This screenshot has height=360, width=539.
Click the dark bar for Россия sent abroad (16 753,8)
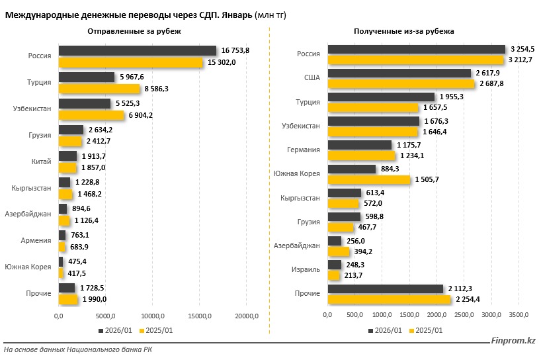pos(138,51)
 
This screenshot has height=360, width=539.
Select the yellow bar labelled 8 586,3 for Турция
pos(99,88)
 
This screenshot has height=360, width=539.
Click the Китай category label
pos(41,161)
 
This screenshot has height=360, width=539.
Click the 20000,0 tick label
pos(247,315)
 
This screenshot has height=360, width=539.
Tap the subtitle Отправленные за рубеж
pos(134,31)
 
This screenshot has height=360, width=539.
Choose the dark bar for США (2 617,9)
pos(399,73)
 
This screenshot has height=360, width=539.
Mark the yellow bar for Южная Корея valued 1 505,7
pos(369,179)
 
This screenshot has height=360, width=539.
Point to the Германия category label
pos(304,150)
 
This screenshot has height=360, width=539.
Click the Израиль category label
pos(306,269)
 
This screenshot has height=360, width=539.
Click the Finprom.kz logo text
pos(514,340)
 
